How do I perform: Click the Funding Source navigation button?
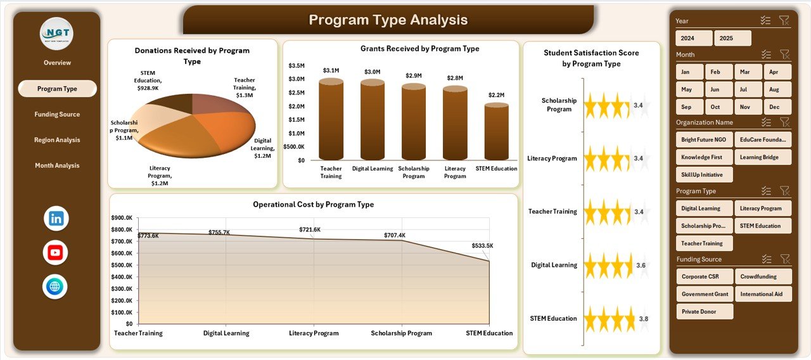[57, 115]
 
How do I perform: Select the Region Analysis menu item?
[57, 140]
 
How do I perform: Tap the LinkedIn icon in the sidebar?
[56, 219]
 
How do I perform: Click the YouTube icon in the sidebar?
[56, 253]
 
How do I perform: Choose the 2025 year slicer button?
[732, 38]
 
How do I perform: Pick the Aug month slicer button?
[777, 89]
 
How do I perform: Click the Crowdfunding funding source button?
[763, 276]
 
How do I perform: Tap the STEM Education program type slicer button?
[763, 226]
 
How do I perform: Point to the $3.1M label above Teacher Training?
[331, 70]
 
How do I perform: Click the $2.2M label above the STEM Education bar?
[496, 95]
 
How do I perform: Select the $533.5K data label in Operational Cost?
[482, 246]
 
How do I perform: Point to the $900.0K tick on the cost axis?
[122, 217]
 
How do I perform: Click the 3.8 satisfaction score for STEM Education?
[643, 319]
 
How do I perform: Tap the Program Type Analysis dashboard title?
[388, 20]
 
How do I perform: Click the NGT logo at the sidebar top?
[56, 34]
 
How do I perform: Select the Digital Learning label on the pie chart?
[263, 148]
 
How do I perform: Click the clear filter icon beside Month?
[784, 55]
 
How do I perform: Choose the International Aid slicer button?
[763, 294]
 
